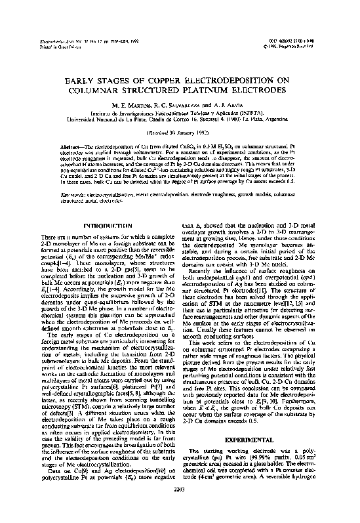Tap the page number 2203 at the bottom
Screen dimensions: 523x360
point(179,507)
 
